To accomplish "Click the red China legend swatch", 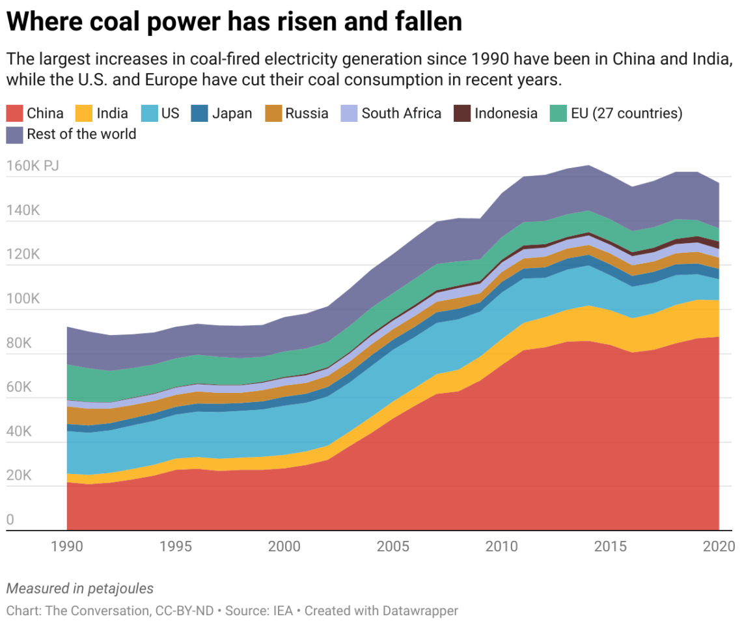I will pos(14,113).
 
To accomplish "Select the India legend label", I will pos(112,113).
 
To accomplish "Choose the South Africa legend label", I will pos(401,113).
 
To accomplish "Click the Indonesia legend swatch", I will pos(462,113).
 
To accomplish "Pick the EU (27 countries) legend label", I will pos(627,113).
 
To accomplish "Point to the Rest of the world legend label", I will pos(81,134).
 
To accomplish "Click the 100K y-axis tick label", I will pos(23,299).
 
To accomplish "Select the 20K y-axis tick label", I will pos(19,476).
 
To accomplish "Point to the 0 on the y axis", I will pos(10,520).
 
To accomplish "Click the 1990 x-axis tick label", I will pos(67,547).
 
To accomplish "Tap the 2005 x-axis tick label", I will pos(392,547).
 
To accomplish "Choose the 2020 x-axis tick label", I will pos(718,547).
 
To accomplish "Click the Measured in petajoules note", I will pos(80,589).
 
